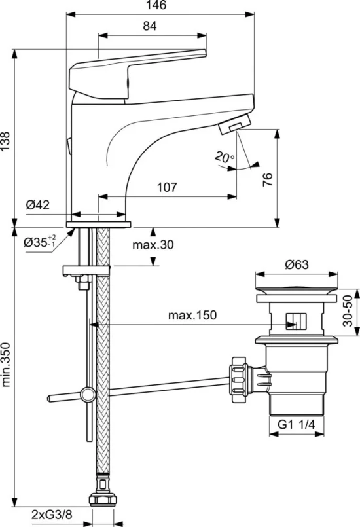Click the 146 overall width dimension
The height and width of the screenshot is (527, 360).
(x=157, y=5)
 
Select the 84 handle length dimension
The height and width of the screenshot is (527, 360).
(x=150, y=26)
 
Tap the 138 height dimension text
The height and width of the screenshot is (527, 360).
(x=5, y=141)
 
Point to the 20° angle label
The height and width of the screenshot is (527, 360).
(x=225, y=156)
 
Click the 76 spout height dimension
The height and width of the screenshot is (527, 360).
(x=267, y=180)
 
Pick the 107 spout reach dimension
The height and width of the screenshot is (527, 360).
(x=167, y=187)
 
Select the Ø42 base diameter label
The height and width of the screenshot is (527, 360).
(x=38, y=205)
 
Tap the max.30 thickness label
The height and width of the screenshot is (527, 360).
(x=153, y=245)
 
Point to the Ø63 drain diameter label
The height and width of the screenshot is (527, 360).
(x=297, y=264)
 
